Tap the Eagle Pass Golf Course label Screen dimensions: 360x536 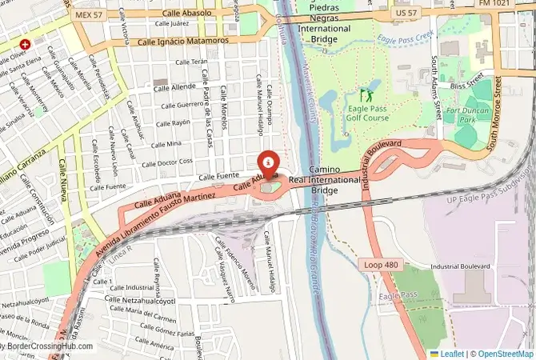pos(368,112)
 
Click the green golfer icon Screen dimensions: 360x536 pos(367,93)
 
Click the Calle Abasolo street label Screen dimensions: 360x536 pos(186,13)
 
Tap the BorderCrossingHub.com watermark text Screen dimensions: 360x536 pos(48,347)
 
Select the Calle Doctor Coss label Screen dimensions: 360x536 pos(167,162)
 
